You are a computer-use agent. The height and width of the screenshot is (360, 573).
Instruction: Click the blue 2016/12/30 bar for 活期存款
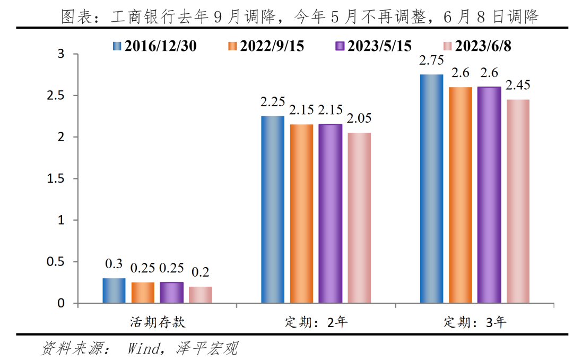click(x=114, y=290)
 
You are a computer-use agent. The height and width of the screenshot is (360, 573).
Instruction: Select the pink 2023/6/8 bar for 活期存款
click(x=200, y=295)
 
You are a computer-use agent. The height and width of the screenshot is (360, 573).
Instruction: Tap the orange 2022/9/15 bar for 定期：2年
click(x=301, y=213)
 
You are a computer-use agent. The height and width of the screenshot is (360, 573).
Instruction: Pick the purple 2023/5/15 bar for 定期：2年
click(x=330, y=213)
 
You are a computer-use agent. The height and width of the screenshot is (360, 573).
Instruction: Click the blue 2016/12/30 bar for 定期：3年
click(x=431, y=188)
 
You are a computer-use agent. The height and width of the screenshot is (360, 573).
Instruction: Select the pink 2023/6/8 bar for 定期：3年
click(x=518, y=201)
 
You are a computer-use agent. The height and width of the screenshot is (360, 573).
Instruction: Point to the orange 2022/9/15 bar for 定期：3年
click(x=461, y=195)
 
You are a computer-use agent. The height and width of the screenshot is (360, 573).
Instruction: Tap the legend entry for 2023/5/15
click(x=374, y=46)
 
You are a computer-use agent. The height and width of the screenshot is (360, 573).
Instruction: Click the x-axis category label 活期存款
click(x=158, y=322)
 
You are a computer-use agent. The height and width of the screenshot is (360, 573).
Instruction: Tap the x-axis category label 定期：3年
click(x=475, y=322)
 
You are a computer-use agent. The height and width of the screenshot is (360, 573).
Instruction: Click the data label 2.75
click(x=431, y=61)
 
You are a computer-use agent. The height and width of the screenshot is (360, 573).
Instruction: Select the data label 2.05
click(x=359, y=119)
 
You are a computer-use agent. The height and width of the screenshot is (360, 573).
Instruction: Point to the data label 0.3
click(x=114, y=264)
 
